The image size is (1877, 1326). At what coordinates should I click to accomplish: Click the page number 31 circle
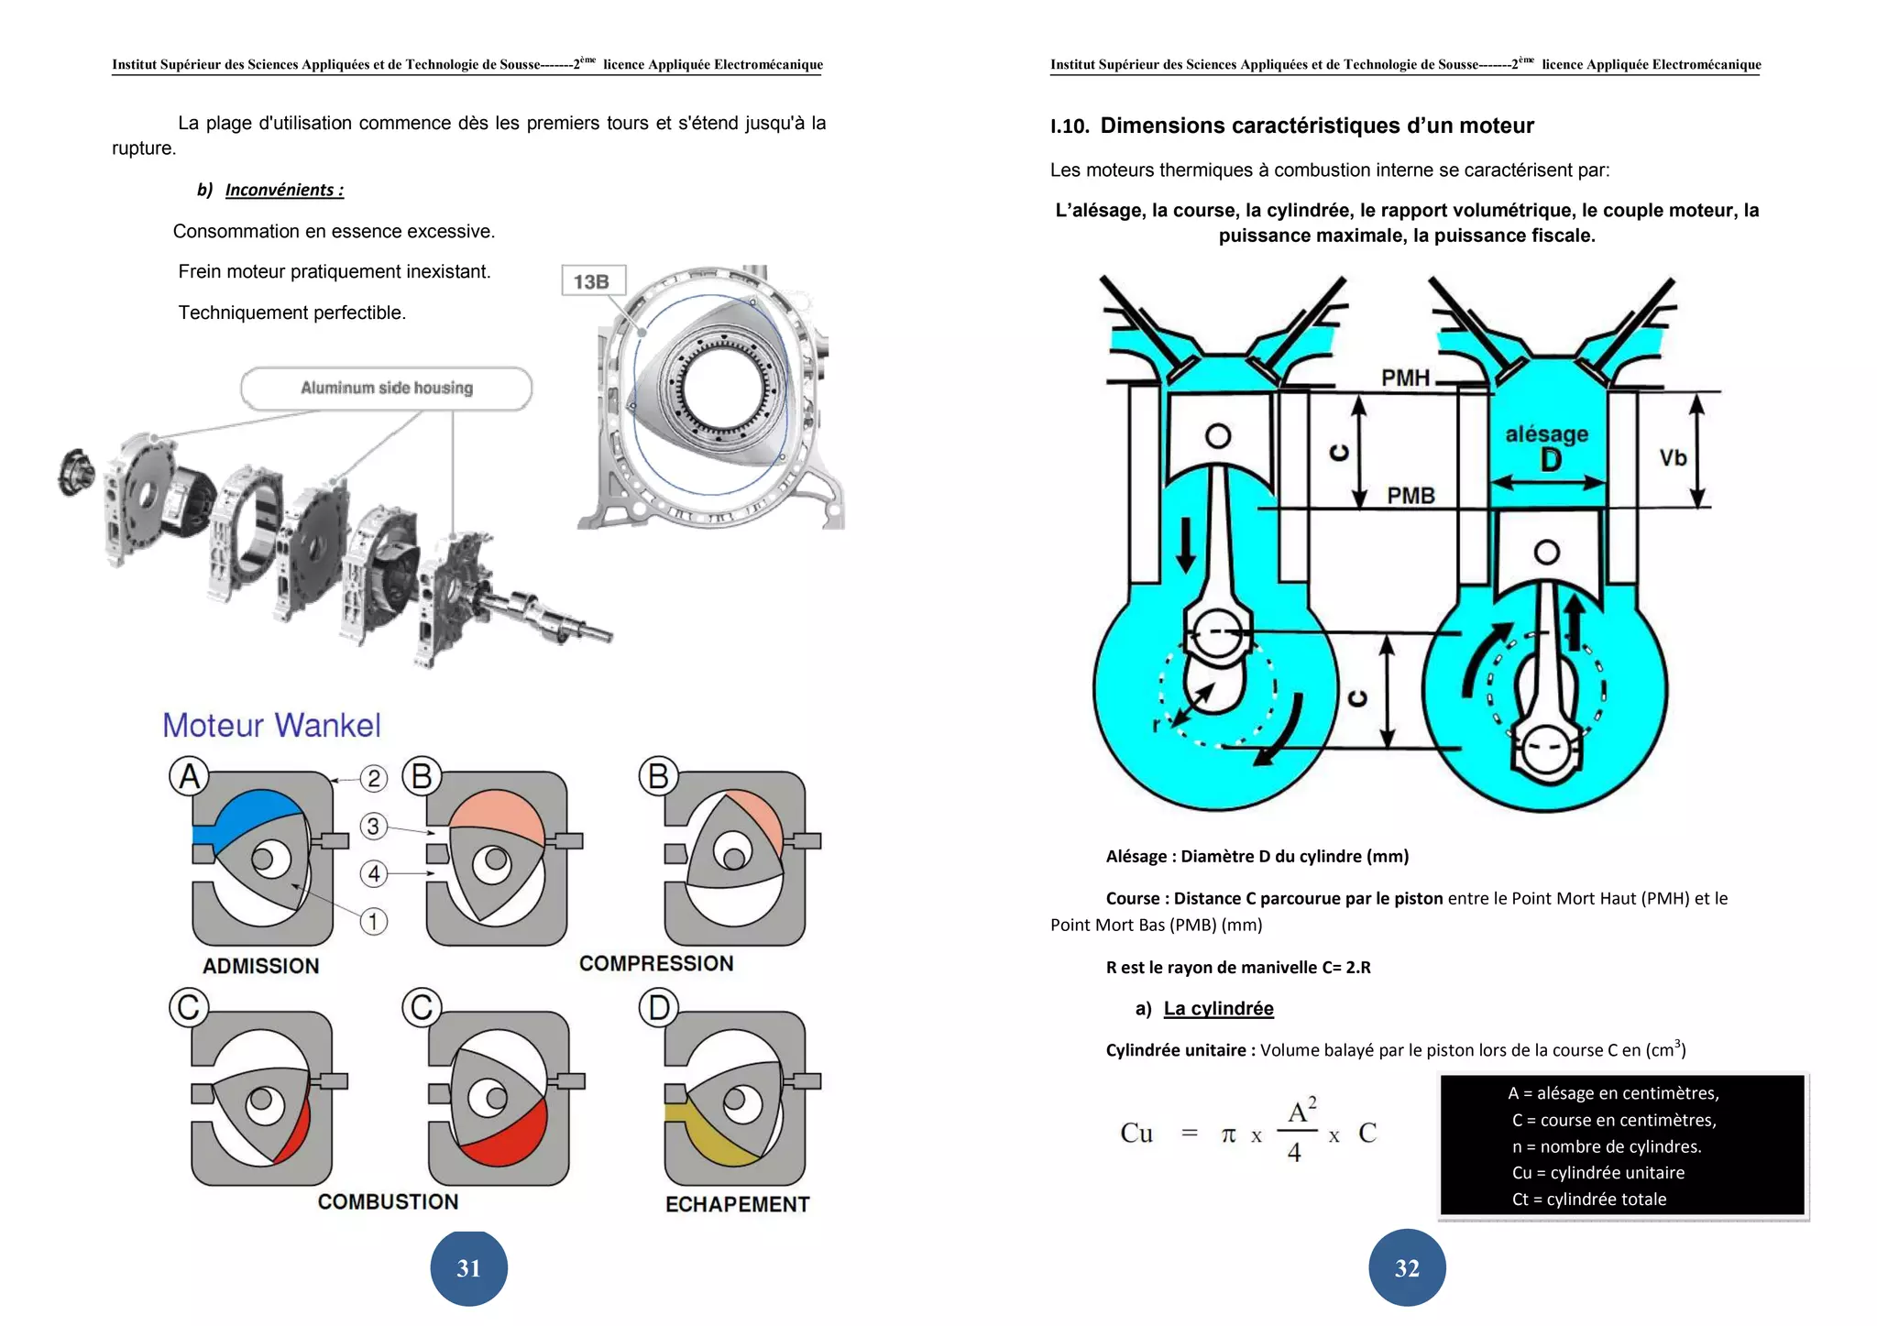click(x=468, y=1268)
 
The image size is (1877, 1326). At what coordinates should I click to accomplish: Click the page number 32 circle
click(x=1407, y=1268)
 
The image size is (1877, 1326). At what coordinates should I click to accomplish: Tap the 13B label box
click(x=592, y=281)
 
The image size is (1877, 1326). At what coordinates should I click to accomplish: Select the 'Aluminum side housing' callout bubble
click(x=387, y=389)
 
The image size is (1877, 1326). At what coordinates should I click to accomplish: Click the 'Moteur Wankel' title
click(x=271, y=726)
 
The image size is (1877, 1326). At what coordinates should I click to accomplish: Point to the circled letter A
click(x=189, y=777)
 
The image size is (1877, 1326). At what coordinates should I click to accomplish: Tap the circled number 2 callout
click(x=373, y=779)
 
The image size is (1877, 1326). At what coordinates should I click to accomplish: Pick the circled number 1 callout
click(x=373, y=921)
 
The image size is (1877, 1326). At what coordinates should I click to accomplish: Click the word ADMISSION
click(x=261, y=966)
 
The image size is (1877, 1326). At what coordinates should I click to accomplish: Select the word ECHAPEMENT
click(x=737, y=1204)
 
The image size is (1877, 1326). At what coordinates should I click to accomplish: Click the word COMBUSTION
click(x=388, y=1201)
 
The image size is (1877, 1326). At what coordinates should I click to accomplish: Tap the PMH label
click(x=1405, y=378)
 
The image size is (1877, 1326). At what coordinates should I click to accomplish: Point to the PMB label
click(x=1410, y=496)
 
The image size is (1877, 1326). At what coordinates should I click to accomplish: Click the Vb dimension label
click(x=1673, y=457)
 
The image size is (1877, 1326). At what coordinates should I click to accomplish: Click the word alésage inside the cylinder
click(x=1547, y=433)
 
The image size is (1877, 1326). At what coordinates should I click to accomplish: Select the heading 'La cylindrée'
click(x=1218, y=1009)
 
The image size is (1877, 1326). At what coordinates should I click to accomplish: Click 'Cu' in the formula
click(x=1136, y=1134)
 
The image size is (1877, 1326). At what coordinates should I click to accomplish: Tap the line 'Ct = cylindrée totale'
click(x=1588, y=1199)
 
